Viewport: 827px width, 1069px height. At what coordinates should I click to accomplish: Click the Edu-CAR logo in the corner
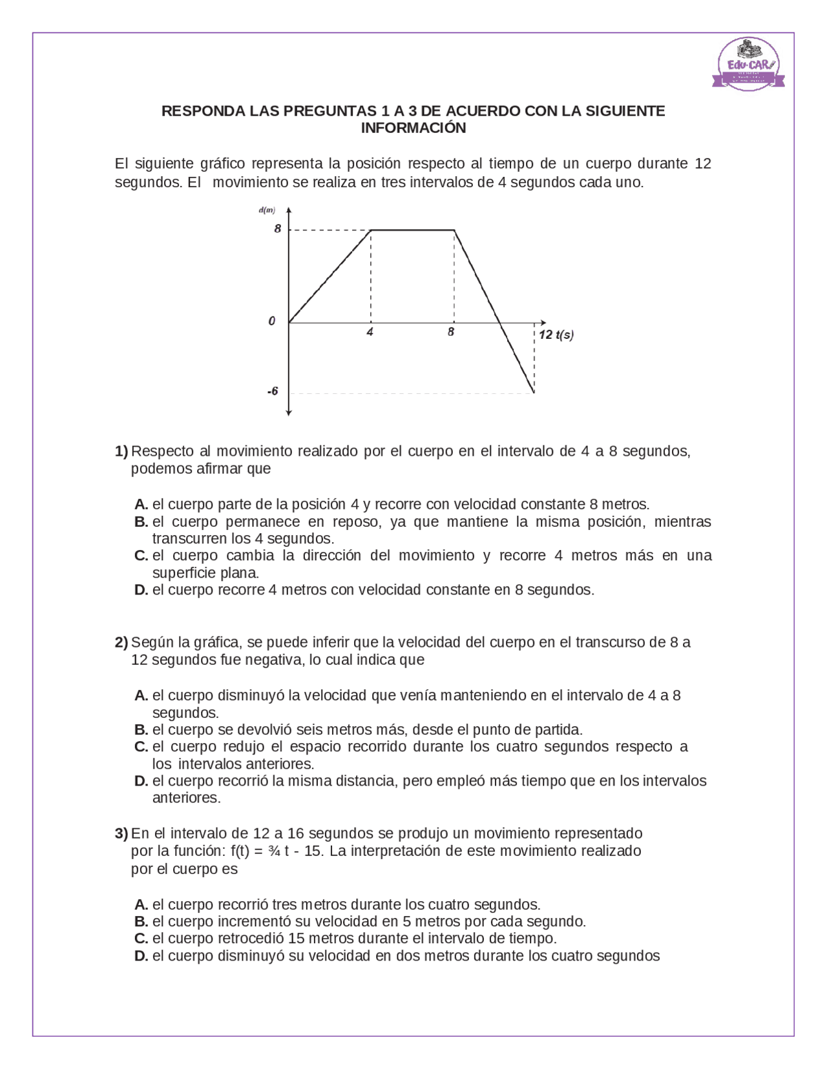click(749, 64)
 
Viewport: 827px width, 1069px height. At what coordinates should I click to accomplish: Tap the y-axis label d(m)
click(267, 210)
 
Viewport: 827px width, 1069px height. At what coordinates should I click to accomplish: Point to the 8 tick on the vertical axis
click(278, 229)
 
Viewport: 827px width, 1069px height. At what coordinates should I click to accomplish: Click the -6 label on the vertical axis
click(273, 391)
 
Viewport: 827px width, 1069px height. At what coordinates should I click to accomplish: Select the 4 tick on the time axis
click(370, 332)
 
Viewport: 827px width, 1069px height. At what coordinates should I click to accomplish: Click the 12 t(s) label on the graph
click(556, 334)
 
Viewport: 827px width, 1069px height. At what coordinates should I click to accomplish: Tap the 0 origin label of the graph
click(272, 321)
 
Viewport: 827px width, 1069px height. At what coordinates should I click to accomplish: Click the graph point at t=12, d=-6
click(534, 392)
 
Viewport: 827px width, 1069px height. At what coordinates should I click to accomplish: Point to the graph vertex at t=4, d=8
click(371, 230)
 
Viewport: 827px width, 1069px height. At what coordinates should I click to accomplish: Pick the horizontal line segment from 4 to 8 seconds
click(412, 229)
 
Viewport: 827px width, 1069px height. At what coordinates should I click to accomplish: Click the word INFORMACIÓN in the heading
click(413, 128)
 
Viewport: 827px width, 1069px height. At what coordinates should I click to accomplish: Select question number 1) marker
click(121, 451)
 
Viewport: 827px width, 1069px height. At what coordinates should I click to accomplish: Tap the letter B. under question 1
click(141, 522)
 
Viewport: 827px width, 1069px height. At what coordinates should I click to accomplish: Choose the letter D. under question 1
click(141, 590)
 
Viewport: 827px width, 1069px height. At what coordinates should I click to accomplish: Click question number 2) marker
click(121, 642)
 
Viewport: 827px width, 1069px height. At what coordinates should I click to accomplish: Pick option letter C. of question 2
click(141, 747)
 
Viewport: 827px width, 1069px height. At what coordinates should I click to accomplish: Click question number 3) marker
click(121, 833)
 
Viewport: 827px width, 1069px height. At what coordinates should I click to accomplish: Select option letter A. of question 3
click(141, 904)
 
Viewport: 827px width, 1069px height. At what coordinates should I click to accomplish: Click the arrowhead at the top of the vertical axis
click(289, 210)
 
